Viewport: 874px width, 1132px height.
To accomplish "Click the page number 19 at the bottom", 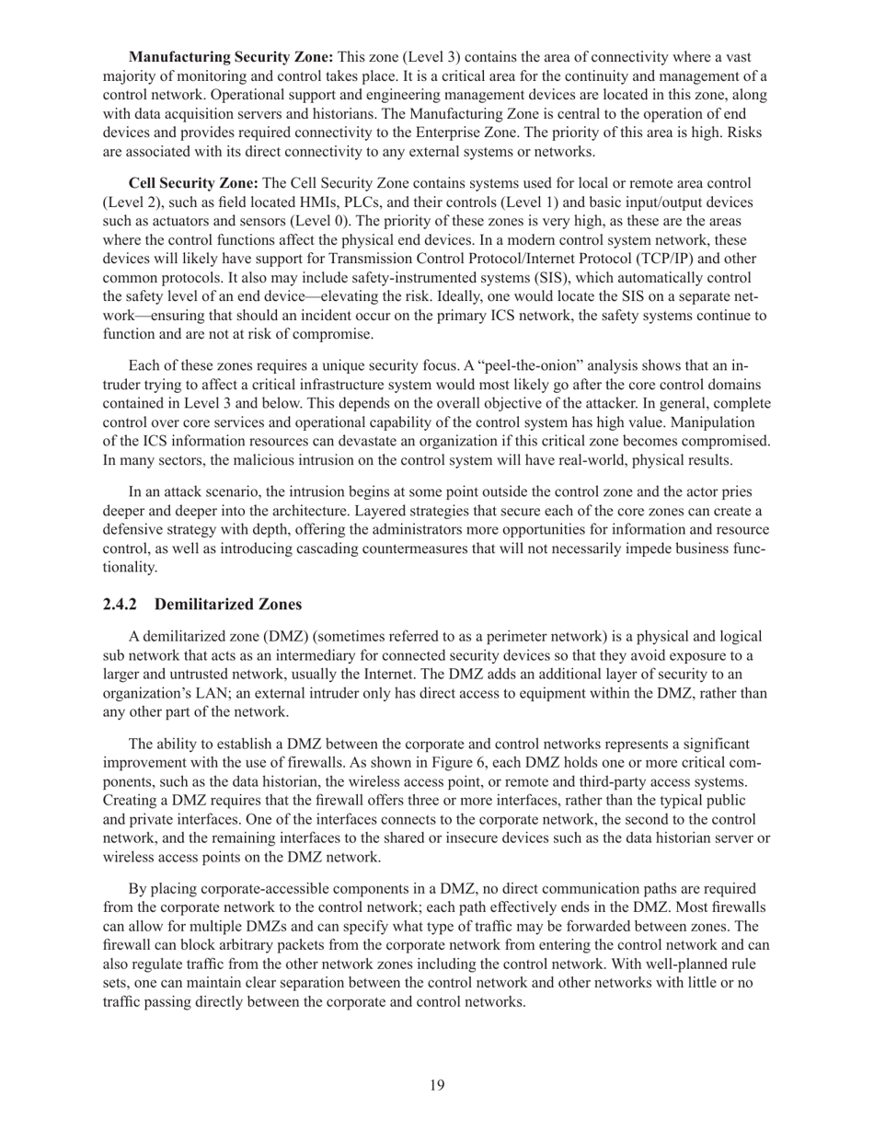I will [x=437, y=1085].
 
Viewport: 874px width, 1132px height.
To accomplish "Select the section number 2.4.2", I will [x=120, y=605].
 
